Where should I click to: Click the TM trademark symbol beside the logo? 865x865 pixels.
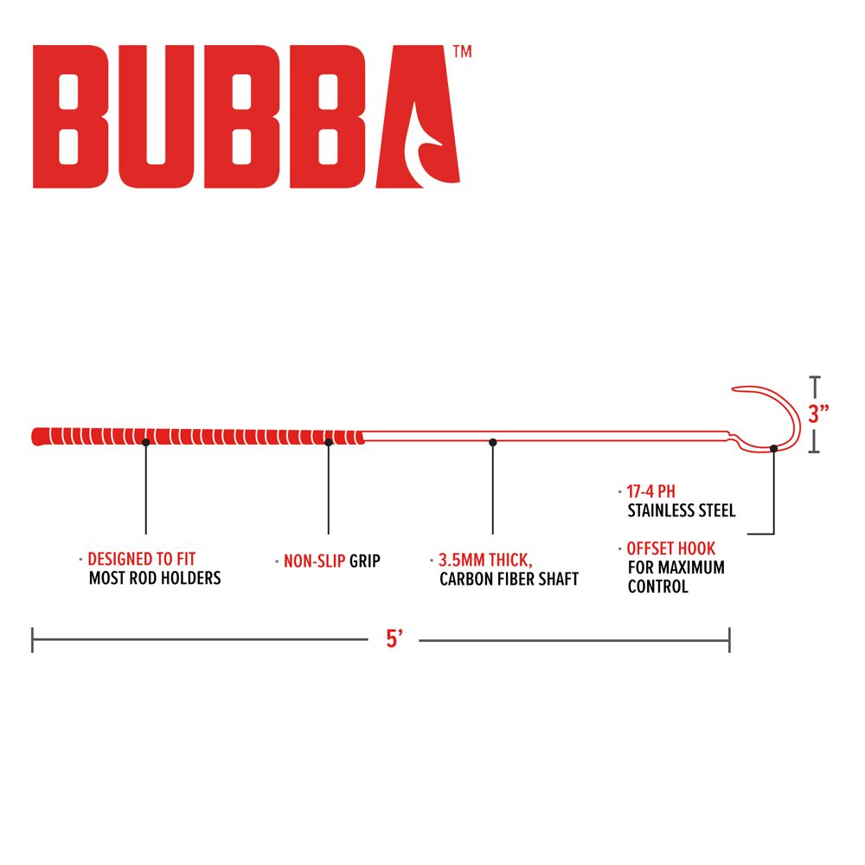(x=462, y=51)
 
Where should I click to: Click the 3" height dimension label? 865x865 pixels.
(x=818, y=413)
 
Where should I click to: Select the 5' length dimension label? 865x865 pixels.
(x=394, y=639)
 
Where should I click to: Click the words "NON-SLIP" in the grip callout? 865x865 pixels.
(x=315, y=561)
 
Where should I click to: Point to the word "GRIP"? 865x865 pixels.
(x=365, y=561)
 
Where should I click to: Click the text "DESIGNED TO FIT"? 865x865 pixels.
(x=142, y=559)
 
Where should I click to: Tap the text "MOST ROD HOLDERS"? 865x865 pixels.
(x=155, y=578)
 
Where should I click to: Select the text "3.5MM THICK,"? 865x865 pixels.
(x=485, y=561)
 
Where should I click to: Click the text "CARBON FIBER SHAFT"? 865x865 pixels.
(x=509, y=580)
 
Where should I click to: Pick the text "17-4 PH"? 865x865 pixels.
(x=651, y=491)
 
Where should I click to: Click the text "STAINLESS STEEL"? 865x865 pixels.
(x=682, y=511)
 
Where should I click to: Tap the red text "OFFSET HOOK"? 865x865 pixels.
(x=671, y=548)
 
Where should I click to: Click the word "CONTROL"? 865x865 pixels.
(x=658, y=586)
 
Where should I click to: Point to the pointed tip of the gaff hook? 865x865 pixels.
(x=733, y=388)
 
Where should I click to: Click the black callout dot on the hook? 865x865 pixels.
(x=773, y=448)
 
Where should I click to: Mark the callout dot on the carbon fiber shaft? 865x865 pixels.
(x=493, y=442)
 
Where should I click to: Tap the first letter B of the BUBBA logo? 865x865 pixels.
(x=70, y=117)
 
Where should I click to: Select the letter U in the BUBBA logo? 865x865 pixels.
(x=156, y=117)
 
